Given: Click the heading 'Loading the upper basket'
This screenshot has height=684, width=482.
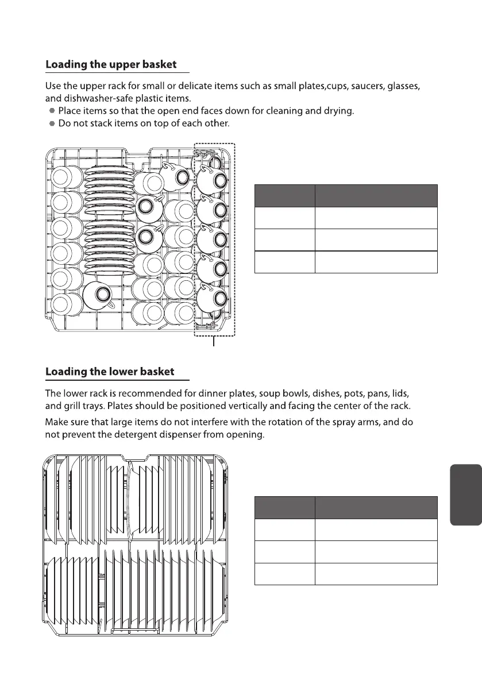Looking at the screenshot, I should tap(111, 64).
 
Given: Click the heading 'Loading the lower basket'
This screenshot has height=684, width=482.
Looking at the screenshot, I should tap(110, 372).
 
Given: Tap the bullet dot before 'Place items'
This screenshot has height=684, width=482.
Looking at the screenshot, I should tap(52, 111).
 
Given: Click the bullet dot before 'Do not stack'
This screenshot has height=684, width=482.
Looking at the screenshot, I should tap(52, 123).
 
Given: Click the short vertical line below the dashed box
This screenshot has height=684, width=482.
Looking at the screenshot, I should tap(214, 343).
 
